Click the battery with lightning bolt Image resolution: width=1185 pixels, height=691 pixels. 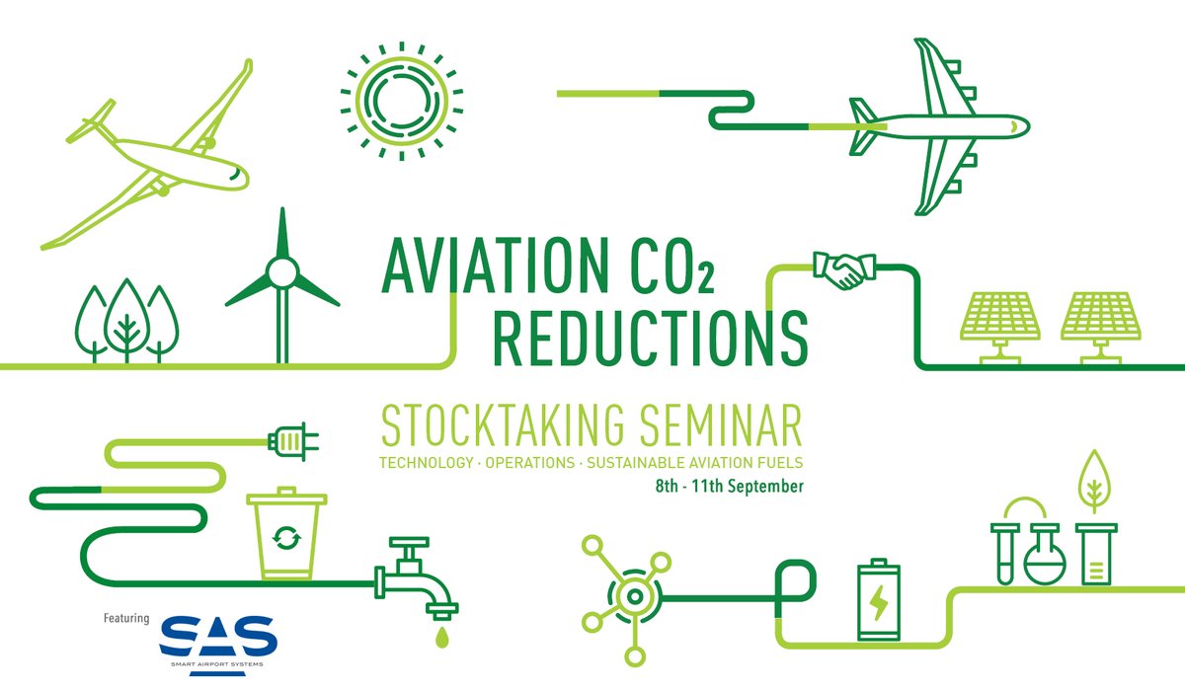click(878, 601)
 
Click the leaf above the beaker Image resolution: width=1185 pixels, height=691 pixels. click(1092, 478)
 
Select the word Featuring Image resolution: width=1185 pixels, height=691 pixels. click(126, 619)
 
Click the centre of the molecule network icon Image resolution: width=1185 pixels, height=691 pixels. click(631, 595)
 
